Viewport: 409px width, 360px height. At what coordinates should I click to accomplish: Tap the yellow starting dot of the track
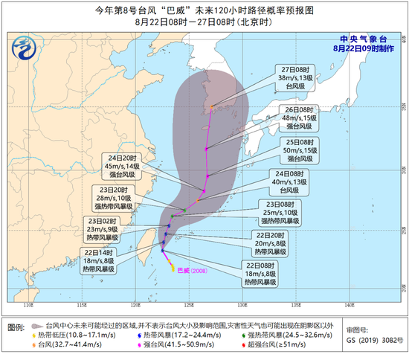click(x=173, y=269)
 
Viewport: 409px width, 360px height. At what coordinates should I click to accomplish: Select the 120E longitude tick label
click(x=135, y=304)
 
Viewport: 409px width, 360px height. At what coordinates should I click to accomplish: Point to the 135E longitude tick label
click(x=296, y=304)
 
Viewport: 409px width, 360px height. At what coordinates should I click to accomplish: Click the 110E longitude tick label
click(x=29, y=304)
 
